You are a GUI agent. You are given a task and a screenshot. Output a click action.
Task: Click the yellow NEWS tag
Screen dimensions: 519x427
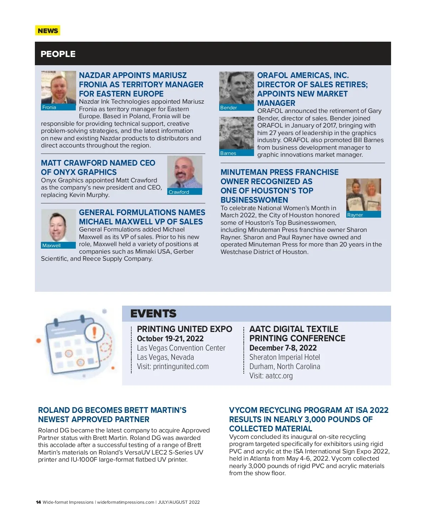pos(48,31)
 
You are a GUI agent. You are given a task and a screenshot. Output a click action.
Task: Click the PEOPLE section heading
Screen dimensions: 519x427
pos(58,54)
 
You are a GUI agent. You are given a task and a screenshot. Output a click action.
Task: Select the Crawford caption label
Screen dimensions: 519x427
pos(179,192)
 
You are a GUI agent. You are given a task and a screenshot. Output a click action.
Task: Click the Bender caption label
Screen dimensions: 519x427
pos(228,108)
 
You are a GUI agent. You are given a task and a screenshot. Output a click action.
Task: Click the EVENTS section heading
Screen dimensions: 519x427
pos(153,313)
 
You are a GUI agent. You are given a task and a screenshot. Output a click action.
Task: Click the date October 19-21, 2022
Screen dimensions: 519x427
pos(170,339)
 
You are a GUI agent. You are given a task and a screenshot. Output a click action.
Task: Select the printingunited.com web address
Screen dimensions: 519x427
pos(181,367)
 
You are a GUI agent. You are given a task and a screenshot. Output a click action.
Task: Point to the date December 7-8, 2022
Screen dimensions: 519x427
pos(283,348)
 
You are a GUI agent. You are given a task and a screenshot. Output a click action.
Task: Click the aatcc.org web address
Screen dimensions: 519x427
pos(279,376)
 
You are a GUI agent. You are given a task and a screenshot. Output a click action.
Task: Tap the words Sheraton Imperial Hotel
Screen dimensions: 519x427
pos(285,357)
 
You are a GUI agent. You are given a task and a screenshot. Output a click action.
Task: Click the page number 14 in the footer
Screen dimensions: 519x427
pos(38,502)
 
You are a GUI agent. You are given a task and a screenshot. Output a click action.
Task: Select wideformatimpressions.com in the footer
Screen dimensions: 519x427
pos(126,502)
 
